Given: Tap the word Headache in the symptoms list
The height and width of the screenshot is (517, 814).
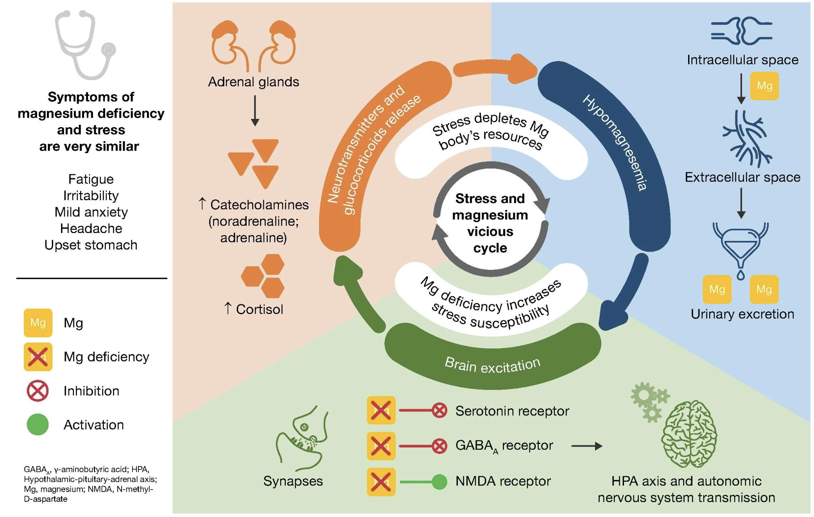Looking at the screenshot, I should (91, 228).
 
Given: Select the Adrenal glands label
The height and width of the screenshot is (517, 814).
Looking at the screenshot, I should (253, 82).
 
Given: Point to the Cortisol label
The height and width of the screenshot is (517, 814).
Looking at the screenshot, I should (259, 309).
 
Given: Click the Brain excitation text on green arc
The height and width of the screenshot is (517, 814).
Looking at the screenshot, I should (492, 365).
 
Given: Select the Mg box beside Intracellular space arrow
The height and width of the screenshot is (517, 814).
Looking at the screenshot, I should (764, 86).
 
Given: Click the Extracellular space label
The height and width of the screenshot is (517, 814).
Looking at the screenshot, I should (742, 177).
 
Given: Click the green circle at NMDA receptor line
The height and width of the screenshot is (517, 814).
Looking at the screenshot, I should (439, 482).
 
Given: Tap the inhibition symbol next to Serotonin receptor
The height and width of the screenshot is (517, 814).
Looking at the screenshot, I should (439, 411).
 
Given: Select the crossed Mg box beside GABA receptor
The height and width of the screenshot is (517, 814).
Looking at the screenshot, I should (381, 446).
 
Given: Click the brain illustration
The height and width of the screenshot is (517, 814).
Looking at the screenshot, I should (689, 434).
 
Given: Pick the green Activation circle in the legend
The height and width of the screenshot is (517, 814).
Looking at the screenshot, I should (38, 425).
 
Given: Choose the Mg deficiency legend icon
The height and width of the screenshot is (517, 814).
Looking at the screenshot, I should (38, 357).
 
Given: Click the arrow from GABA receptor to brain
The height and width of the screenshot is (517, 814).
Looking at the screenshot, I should (586, 446).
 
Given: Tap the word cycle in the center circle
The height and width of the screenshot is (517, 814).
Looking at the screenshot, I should (490, 248).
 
